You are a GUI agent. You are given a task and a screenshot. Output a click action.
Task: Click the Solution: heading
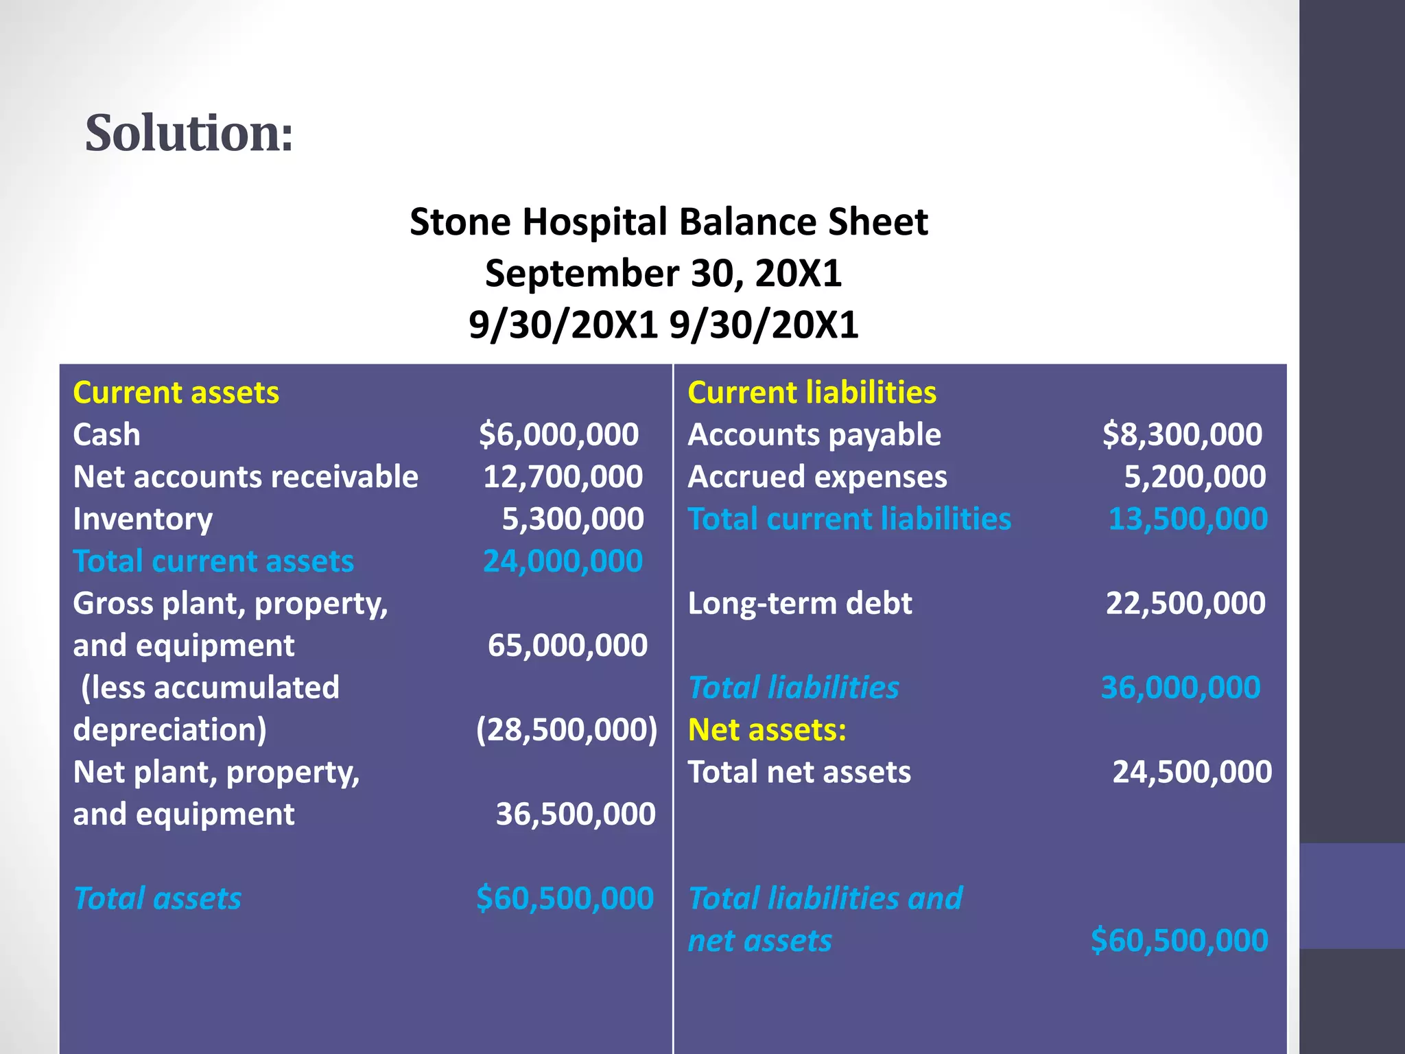click(189, 132)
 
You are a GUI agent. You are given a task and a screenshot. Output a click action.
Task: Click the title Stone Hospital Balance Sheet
click(668, 222)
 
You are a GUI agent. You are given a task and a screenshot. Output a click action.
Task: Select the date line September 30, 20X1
click(663, 273)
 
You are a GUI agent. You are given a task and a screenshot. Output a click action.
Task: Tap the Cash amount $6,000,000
click(558, 434)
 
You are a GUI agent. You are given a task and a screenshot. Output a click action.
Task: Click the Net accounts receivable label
click(245, 477)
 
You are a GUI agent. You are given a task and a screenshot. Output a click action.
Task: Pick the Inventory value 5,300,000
click(572, 519)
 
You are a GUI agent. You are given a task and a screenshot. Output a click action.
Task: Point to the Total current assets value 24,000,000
click(563, 561)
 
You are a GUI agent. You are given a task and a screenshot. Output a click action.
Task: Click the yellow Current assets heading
click(176, 393)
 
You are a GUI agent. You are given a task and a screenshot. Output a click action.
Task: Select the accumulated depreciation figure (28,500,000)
click(566, 729)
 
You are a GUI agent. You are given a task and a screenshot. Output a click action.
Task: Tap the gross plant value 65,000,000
click(567, 645)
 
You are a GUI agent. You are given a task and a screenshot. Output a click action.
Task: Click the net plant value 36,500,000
click(575, 814)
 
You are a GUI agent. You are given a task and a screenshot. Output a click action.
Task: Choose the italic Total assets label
click(157, 898)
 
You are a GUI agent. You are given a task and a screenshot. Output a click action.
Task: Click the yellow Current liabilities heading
click(812, 393)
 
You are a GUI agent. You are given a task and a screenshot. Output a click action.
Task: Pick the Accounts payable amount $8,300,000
click(1181, 434)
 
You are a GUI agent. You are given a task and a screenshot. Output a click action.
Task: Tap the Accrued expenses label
click(816, 477)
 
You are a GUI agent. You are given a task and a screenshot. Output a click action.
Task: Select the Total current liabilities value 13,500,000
click(1188, 519)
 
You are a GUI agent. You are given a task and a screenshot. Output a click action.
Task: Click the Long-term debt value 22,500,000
click(1185, 603)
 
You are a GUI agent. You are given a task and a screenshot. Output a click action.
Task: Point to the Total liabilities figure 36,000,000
click(1180, 688)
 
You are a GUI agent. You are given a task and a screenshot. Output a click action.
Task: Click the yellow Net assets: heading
click(766, 729)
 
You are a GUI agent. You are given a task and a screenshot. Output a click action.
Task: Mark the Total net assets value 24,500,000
click(1192, 772)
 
